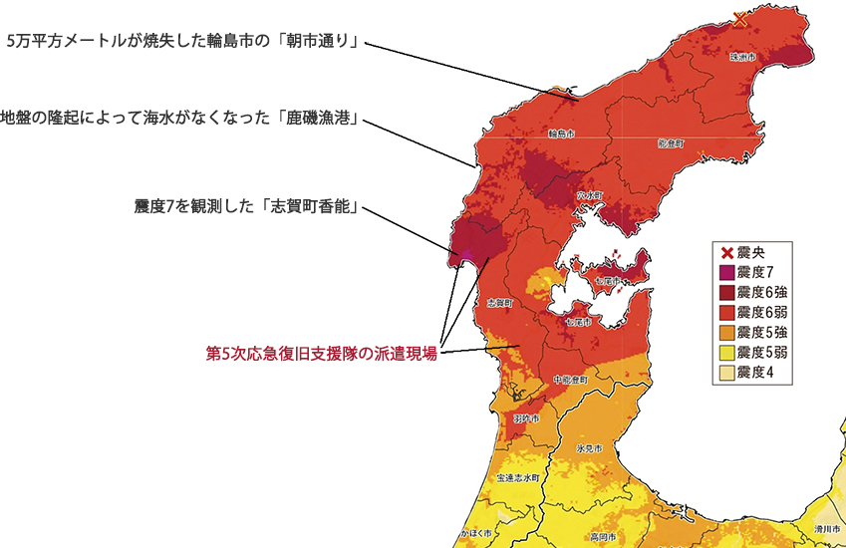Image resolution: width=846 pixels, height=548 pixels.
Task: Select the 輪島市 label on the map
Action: coord(561,133)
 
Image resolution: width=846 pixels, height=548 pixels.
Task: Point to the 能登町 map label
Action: coord(671,143)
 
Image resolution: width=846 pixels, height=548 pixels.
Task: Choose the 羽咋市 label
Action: coord(525,418)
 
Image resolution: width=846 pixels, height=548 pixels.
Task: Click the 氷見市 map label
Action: coord(590,449)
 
